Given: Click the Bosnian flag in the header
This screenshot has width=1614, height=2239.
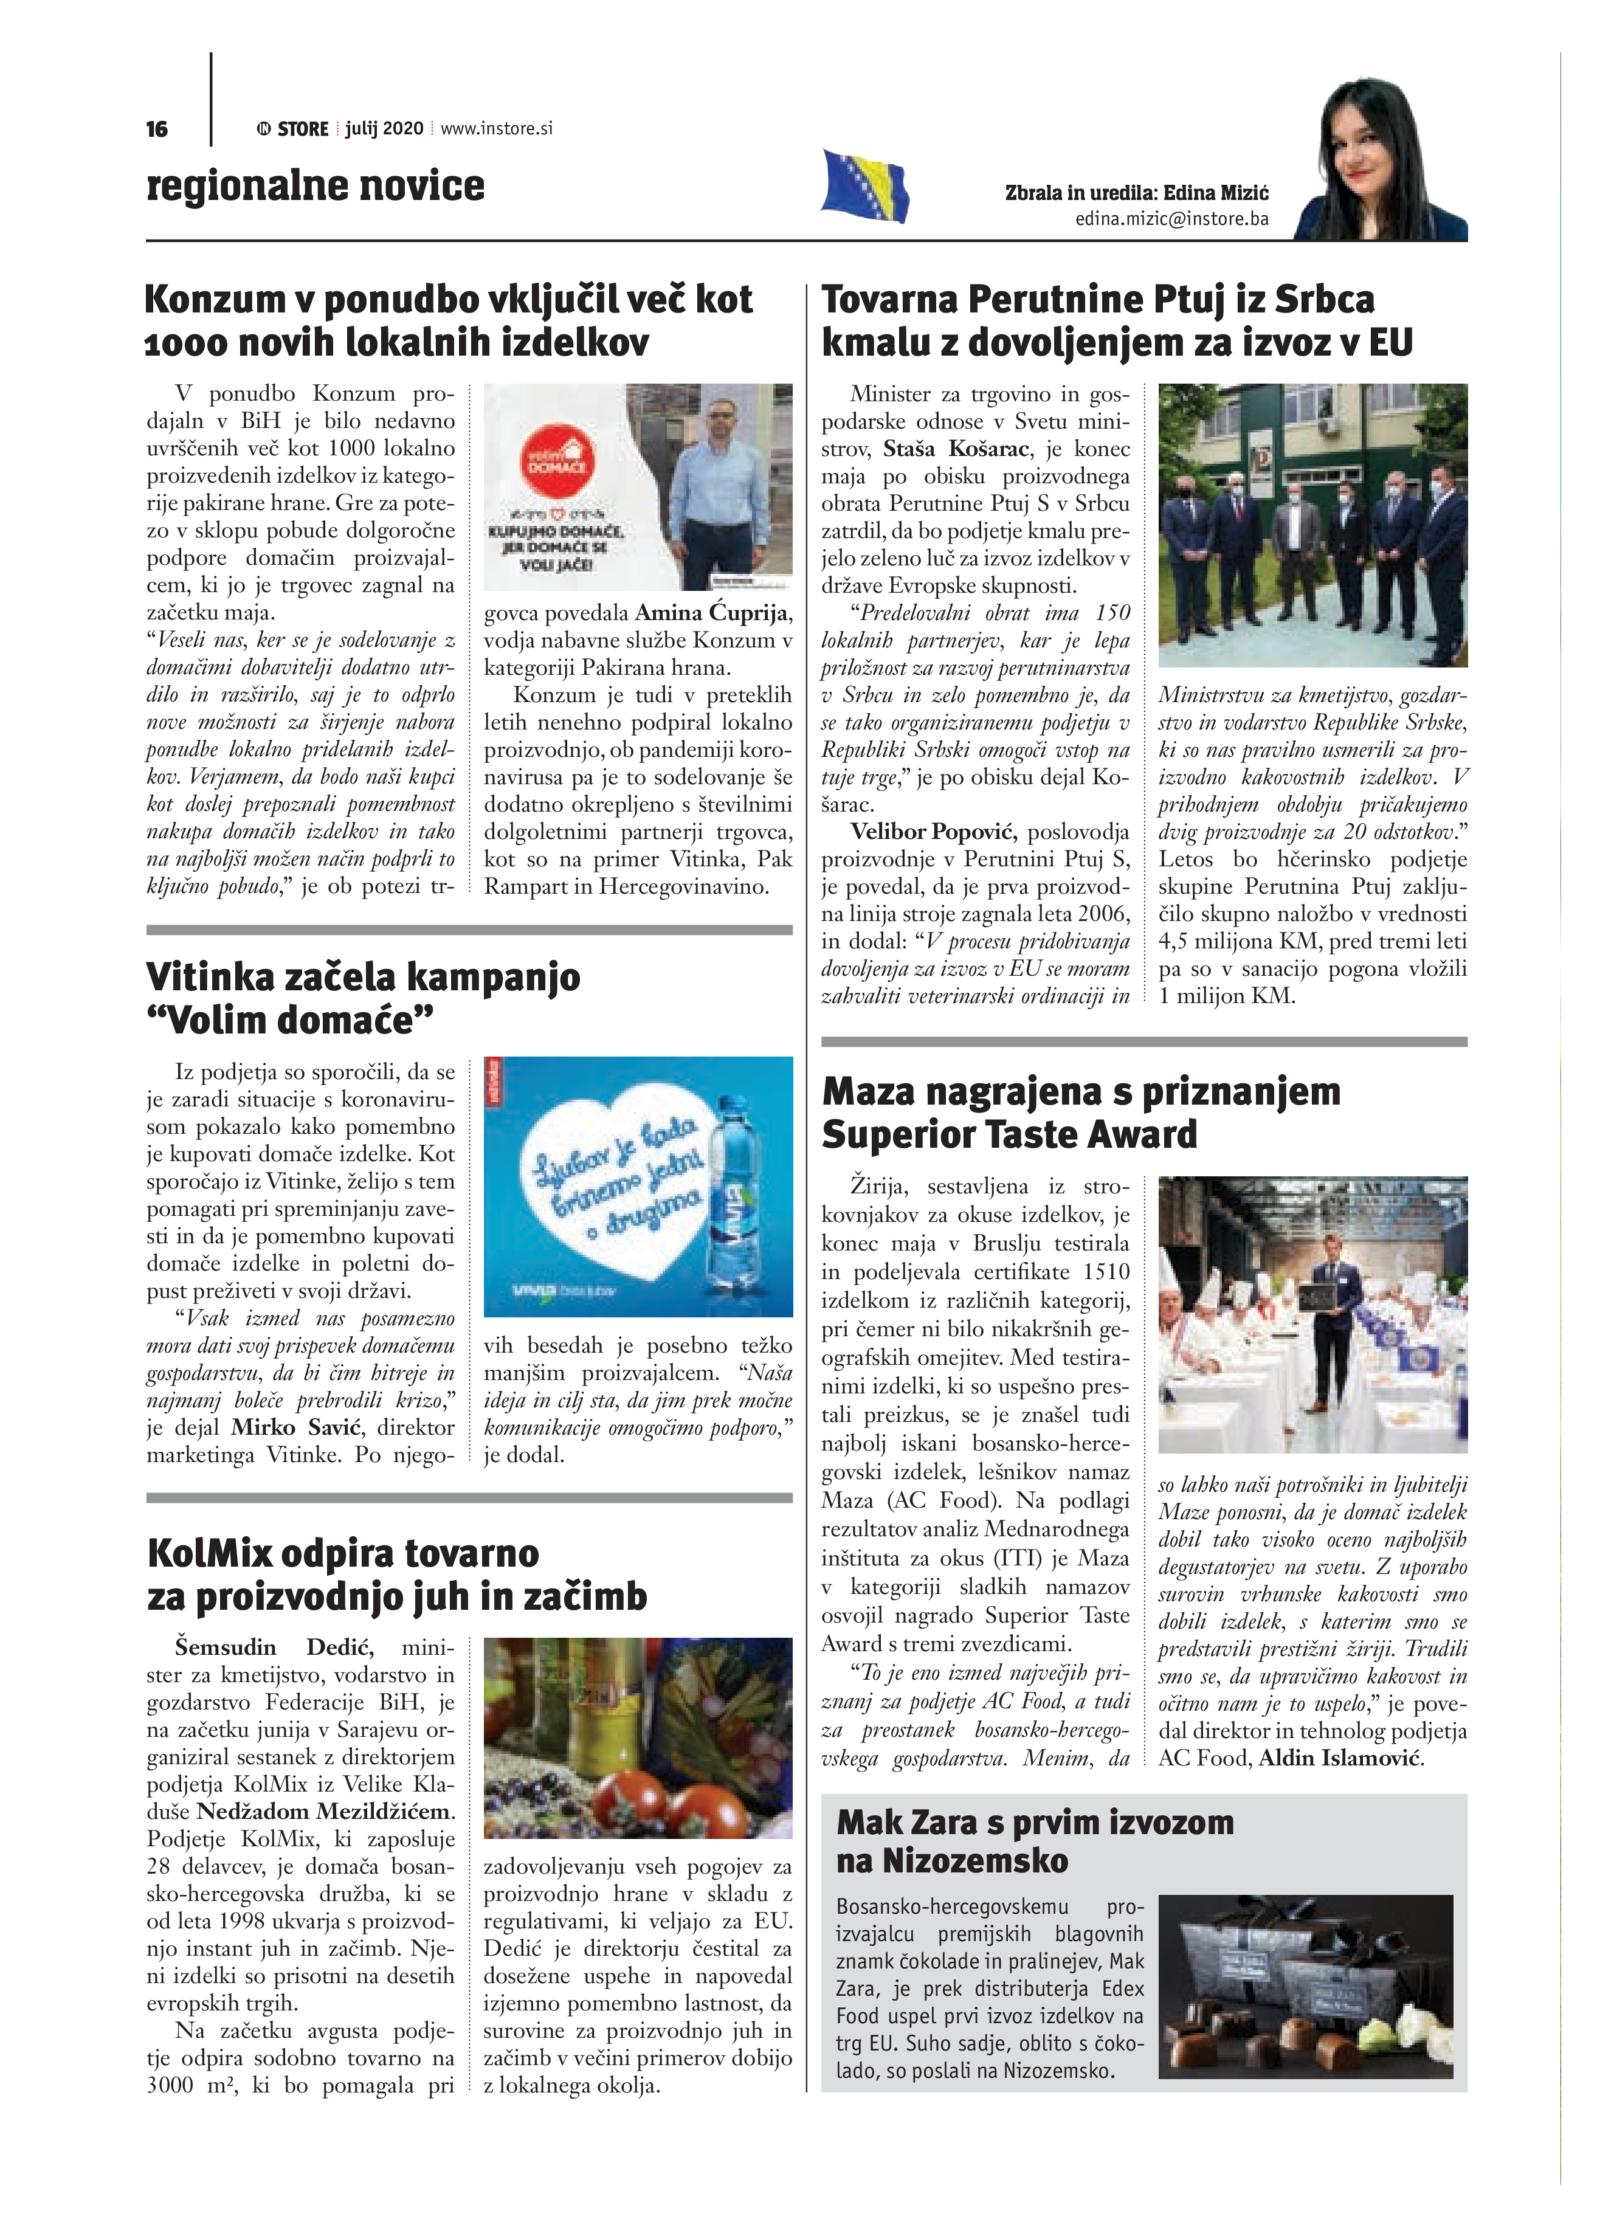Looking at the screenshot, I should tap(864, 185).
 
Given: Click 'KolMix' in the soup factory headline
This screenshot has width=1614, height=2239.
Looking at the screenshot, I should tap(209, 1553).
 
